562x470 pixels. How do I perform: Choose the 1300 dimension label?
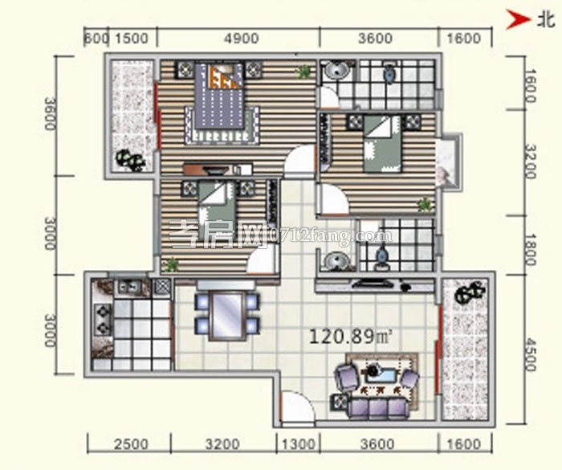(299, 444)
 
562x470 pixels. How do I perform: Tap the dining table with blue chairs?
(227, 313)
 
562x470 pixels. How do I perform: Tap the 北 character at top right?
(545, 20)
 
